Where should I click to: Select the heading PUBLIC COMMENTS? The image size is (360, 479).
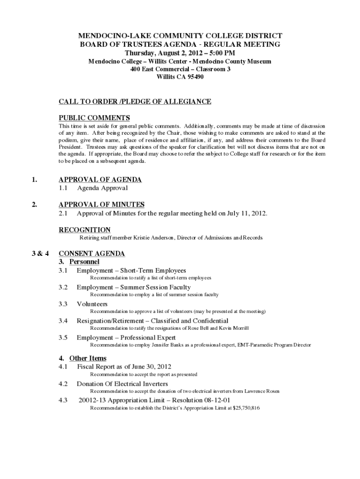coord(94,118)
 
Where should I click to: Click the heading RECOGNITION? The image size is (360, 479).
coord(85,230)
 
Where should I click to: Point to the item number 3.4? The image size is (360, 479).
coord(64,321)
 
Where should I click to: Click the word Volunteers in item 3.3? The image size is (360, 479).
coord(92,304)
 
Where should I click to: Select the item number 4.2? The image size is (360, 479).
coord(64,384)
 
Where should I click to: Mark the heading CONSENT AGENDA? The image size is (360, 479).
coord(92,254)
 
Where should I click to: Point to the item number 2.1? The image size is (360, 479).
coord(64,214)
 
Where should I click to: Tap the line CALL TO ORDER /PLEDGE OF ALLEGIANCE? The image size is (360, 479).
coord(135,102)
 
